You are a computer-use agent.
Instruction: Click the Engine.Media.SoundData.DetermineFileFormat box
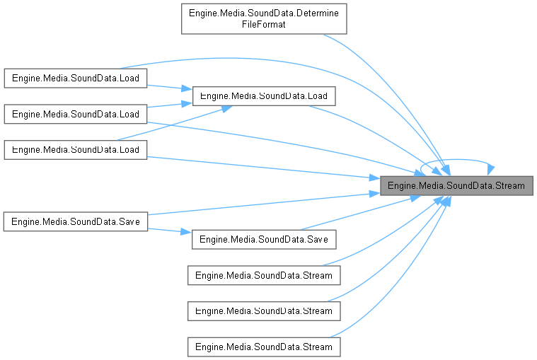tap(264, 19)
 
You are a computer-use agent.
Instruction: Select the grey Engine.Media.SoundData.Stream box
tap(456, 186)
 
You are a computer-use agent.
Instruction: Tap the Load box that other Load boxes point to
tap(263, 95)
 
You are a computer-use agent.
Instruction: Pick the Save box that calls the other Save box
tap(75, 221)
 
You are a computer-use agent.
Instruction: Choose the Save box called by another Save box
tap(263, 239)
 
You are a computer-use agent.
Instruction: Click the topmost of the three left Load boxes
tap(75, 78)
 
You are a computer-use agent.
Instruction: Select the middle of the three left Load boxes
tap(75, 113)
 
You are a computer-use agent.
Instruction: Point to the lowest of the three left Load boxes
tap(75, 149)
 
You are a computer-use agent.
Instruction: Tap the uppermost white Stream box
tap(263, 275)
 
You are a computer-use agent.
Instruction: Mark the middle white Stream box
tap(263, 310)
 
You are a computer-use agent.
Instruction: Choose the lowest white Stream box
tap(263, 347)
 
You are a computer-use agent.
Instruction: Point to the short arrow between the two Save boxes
tap(170, 231)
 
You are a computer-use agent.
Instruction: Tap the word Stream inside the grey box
tap(509, 186)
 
